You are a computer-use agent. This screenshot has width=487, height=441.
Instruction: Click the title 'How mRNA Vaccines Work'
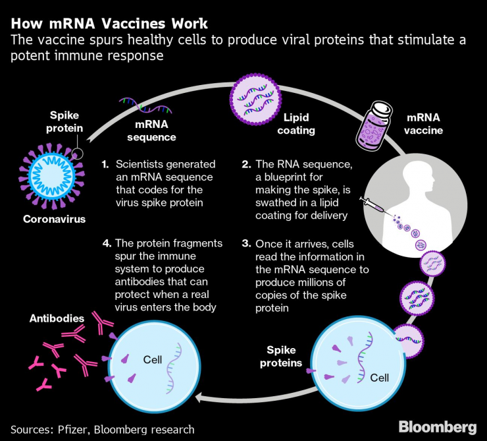[x=109, y=24]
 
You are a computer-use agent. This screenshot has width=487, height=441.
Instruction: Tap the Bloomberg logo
[x=436, y=426]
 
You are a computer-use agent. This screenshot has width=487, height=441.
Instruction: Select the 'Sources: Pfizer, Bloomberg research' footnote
[x=103, y=429]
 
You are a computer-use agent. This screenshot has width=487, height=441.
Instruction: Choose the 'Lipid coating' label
[x=299, y=124]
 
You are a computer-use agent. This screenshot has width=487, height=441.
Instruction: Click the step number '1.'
[x=105, y=164]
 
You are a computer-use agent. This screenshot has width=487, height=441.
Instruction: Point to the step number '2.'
[x=246, y=164]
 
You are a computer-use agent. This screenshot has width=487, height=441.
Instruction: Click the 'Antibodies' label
[x=57, y=318]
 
